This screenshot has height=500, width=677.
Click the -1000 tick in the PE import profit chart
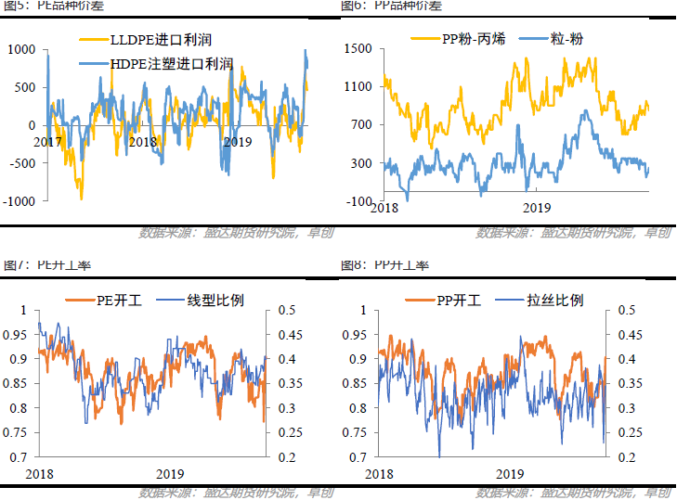(20, 201)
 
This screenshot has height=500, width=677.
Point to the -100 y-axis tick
(359, 201)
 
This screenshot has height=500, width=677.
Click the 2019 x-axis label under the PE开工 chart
(170, 473)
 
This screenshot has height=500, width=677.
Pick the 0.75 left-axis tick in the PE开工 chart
(20, 432)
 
